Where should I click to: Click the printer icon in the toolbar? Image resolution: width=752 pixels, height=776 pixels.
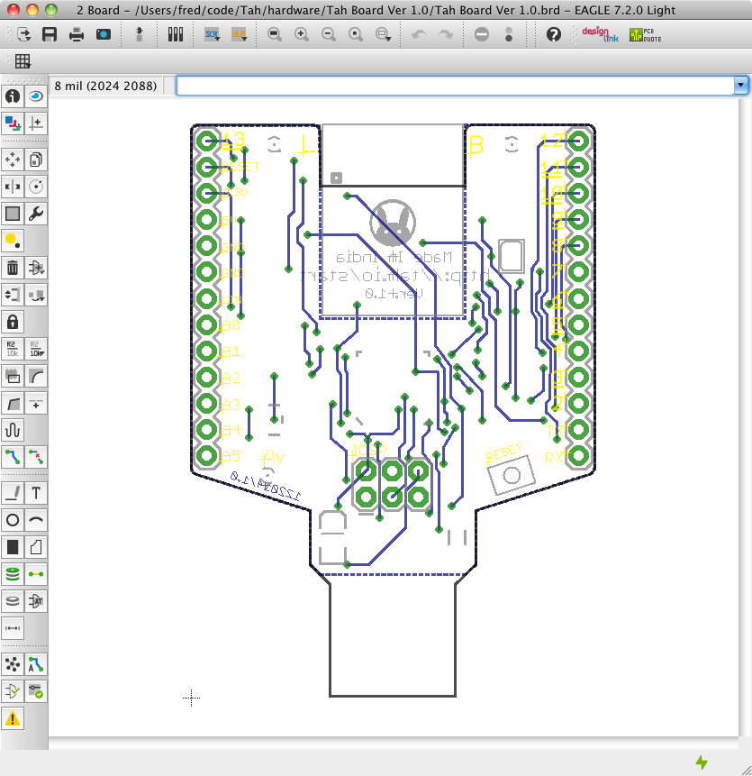(77, 34)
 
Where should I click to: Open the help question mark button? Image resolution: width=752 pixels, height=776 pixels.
(554, 34)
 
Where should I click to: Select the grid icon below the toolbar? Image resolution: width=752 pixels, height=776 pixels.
(23, 61)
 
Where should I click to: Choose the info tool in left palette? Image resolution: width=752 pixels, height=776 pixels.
(13, 96)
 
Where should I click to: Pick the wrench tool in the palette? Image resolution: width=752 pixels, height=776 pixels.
(36, 214)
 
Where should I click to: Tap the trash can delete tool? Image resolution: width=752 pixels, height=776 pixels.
(13, 268)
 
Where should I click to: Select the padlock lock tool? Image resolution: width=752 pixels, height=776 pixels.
(13, 322)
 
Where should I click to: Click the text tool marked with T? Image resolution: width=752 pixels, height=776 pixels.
(36, 493)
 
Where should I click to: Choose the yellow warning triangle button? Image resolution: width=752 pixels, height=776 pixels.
(13, 718)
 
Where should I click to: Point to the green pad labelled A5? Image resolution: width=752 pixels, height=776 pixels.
(207, 456)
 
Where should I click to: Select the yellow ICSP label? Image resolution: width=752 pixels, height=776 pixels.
(369, 448)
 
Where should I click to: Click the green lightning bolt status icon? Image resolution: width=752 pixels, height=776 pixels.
(702, 762)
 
